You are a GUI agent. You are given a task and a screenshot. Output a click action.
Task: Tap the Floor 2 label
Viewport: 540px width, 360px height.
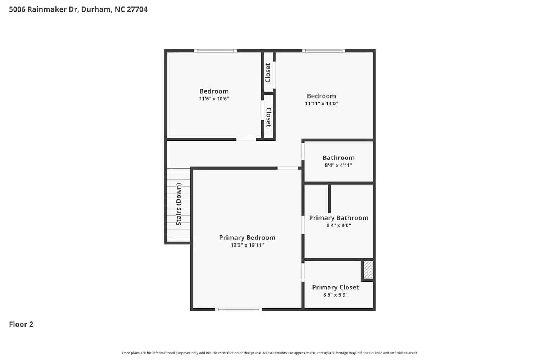point(21,324)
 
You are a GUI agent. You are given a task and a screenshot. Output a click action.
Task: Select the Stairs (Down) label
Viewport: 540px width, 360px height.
point(179,204)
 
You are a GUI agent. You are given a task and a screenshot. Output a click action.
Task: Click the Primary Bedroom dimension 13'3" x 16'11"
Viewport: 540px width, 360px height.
point(247,245)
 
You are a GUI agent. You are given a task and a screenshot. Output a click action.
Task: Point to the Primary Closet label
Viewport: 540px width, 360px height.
point(335,287)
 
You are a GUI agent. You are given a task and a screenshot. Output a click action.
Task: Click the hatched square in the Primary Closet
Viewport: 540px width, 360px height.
point(368,270)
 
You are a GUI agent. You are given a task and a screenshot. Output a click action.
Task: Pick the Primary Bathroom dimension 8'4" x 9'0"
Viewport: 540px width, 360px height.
point(338,225)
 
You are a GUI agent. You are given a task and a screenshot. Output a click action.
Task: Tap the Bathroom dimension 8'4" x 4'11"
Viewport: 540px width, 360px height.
point(338,165)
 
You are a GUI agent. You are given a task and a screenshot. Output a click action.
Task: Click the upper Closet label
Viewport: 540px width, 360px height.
point(268,73)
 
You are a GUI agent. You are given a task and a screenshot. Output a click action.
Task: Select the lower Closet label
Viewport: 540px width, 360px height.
point(268,117)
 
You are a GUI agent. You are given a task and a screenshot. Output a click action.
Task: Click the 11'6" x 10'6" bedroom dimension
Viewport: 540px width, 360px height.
point(214,99)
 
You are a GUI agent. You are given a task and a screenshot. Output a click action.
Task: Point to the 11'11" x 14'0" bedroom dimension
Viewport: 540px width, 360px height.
point(321,103)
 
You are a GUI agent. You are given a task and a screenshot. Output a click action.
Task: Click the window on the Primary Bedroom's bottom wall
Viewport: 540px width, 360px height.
point(238,309)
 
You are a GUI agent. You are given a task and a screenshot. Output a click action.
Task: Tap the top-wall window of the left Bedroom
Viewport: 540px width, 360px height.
point(215,51)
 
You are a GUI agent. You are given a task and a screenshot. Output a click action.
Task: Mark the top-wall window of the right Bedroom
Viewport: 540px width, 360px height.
point(324,51)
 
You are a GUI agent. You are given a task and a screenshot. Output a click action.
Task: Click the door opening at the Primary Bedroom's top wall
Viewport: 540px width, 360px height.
point(288,168)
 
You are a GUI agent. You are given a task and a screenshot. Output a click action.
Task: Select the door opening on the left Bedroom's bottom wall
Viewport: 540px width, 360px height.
point(246,139)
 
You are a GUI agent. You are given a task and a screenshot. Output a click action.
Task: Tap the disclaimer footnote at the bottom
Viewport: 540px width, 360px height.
point(270,353)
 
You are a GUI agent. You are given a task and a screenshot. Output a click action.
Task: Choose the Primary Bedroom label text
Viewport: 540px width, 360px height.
point(247,238)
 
